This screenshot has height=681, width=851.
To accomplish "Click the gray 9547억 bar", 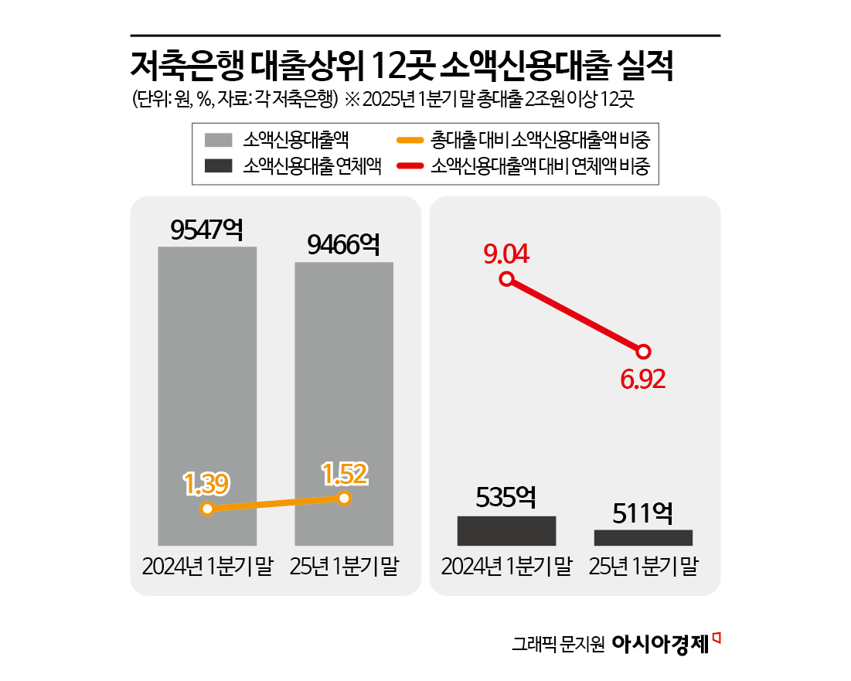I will (x=207, y=371).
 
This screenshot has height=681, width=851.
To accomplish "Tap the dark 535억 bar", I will (x=506, y=530).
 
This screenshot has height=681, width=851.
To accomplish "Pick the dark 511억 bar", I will (x=643, y=538).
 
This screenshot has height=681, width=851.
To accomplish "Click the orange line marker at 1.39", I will (x=206, y=509).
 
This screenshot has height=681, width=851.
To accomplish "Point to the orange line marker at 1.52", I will (x=345, y=498).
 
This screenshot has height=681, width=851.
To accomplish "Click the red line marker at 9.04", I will (x=506, y=279).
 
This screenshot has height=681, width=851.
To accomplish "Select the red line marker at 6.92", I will (x=643, y=350).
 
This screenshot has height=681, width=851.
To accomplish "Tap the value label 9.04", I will (x=506, y=254).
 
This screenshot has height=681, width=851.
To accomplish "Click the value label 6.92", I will (x=643, y=380).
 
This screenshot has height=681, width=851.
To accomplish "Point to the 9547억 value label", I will (x=207, y=230).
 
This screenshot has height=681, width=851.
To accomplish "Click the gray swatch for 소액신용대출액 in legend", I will (x=219, y=140).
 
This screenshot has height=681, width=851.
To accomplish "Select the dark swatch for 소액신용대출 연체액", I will (x=219, y=165).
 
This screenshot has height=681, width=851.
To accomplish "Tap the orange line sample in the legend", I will (x=409, y=140).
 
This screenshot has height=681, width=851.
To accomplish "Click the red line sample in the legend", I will (x=409, y=165).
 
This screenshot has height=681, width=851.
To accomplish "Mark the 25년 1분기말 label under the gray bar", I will (x=344, y=567).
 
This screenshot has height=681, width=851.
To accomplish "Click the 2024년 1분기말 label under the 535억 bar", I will (x=506, y=567).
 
